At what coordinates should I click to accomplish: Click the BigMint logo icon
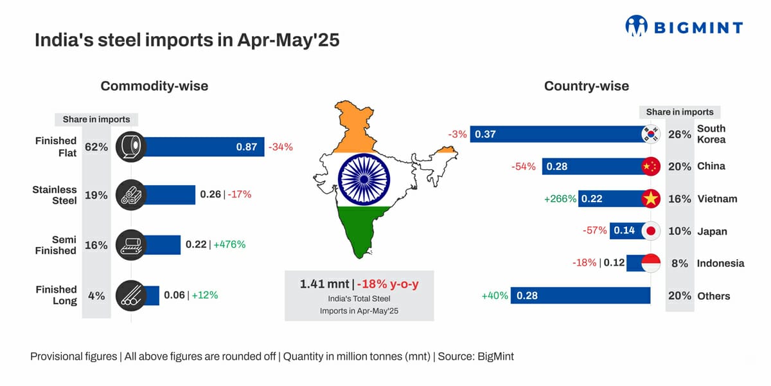[x=637, y=26]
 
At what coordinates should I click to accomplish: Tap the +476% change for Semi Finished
[x=229, y=244]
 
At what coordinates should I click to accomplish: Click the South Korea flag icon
[x=651, y=134]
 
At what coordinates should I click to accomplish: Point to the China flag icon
[x=651, y=167]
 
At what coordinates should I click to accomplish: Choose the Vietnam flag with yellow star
[x=651, y=199]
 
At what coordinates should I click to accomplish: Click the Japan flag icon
[x=651, y=231]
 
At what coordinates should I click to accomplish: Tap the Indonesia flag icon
[x=651, y=263]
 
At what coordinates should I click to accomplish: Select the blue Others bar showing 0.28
[x=581, y=296]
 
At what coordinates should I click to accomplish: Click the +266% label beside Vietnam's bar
[x=560, y=199]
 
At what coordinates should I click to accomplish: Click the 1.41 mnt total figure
[x=325, y=284]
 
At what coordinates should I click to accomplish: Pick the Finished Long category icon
[x=131, y=296]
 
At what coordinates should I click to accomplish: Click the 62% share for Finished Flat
[x=96, y=147]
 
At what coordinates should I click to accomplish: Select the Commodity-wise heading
[x=154, y=86]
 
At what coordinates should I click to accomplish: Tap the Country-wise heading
[x=586, y=86]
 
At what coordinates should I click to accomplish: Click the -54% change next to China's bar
[x=524, y=167]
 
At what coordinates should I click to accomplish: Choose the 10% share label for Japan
[x=679, y=231]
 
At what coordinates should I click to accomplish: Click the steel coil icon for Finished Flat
[x=131, y=147]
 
